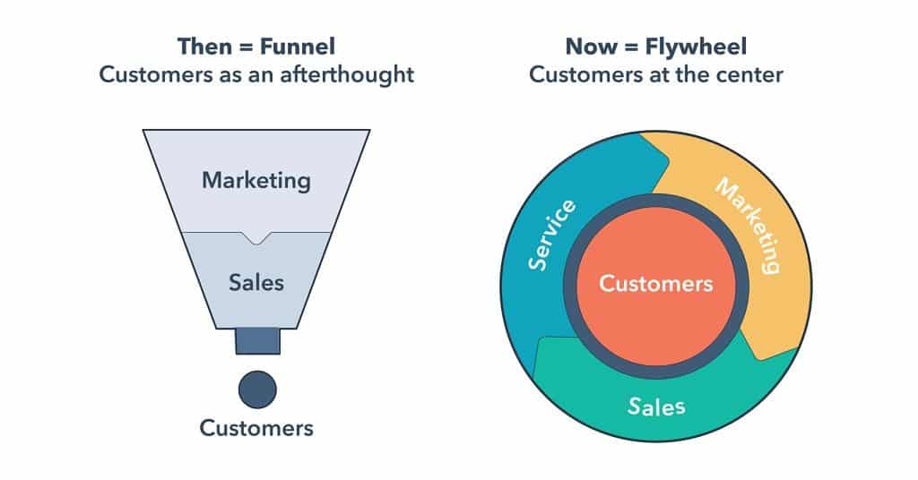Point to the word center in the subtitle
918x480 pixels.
pyautogui.click(x=748, y=74)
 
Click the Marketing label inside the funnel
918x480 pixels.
pyautogui.click(x=256, y=179)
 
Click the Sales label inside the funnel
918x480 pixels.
pyautogui.click(x=256, y=282)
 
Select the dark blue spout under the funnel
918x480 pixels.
pyautogui.click(x=257, y=341)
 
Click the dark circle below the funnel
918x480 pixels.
pyautogui.click(x=257, y=390)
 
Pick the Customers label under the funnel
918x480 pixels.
pyautogui.click(x=256, y=428)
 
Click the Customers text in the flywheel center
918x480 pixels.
pyautogui.click(x=656, y=285)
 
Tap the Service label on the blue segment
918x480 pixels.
pyautogui.click(x=551, y=236)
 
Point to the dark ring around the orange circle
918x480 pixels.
pyautogui.click(x=656, y=199)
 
